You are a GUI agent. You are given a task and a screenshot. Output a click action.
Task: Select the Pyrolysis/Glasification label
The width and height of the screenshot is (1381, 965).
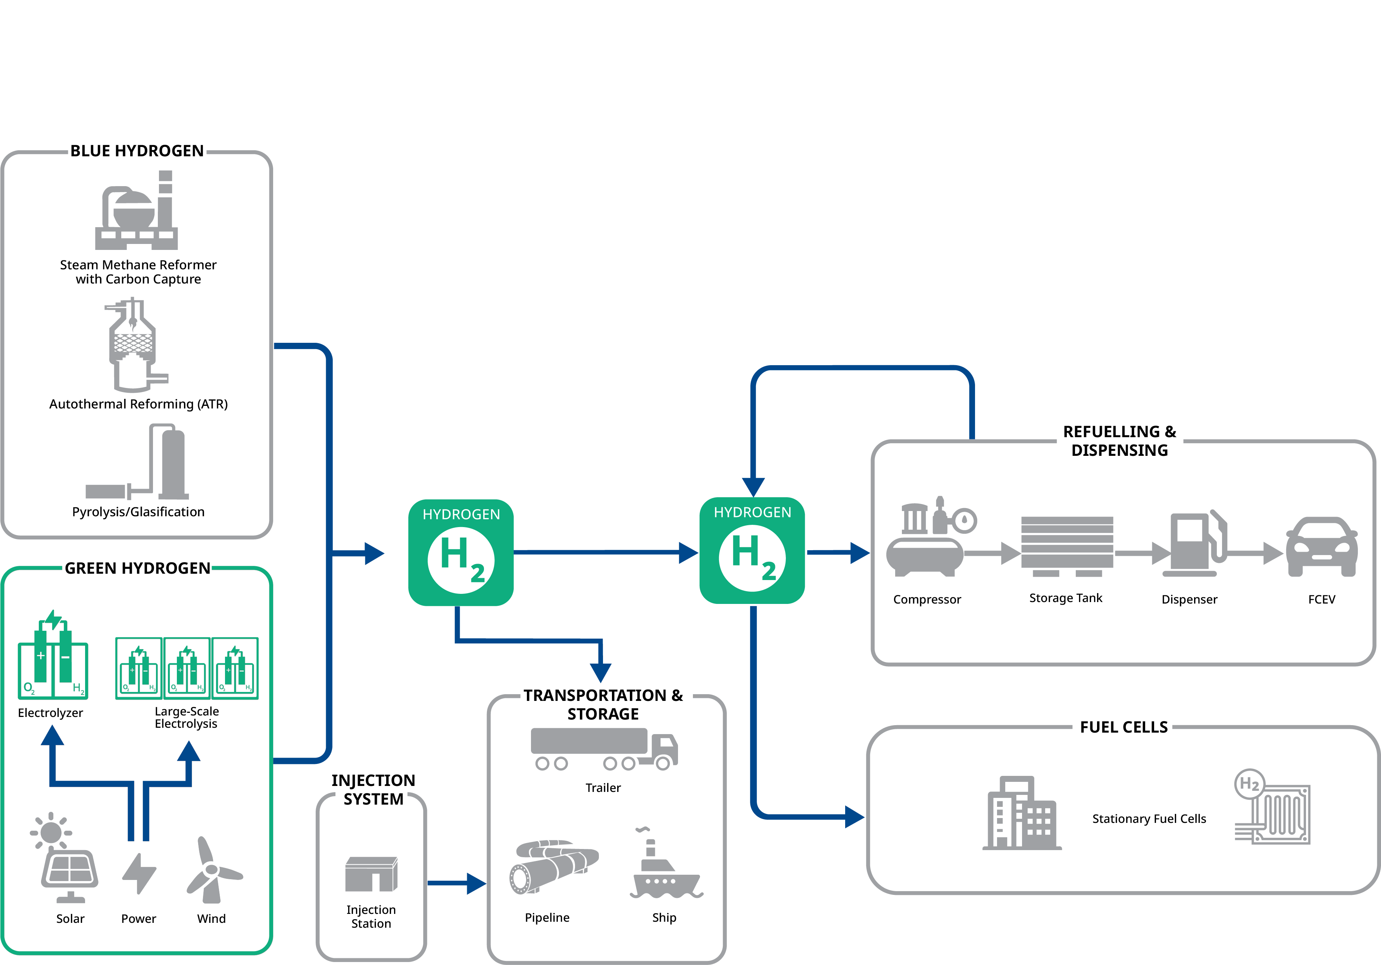pos(138,512)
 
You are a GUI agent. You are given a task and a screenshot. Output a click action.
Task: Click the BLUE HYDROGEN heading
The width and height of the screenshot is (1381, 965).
pos(137,151)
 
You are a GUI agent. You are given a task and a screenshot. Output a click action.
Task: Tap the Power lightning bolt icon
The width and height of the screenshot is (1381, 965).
pos(139,873)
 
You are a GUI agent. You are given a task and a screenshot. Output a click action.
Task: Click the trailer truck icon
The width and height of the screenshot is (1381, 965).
pos(604,749)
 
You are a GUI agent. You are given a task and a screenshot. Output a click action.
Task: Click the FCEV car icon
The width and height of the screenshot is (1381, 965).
pos(1321,547)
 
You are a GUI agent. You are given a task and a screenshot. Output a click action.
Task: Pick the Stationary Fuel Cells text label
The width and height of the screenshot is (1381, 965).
pos(1149,819)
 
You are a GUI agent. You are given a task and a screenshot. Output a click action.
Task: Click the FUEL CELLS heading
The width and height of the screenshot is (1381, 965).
pos(1124,727)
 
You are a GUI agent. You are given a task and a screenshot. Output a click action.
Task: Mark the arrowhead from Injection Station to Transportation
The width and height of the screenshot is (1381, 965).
pos(477,883)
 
